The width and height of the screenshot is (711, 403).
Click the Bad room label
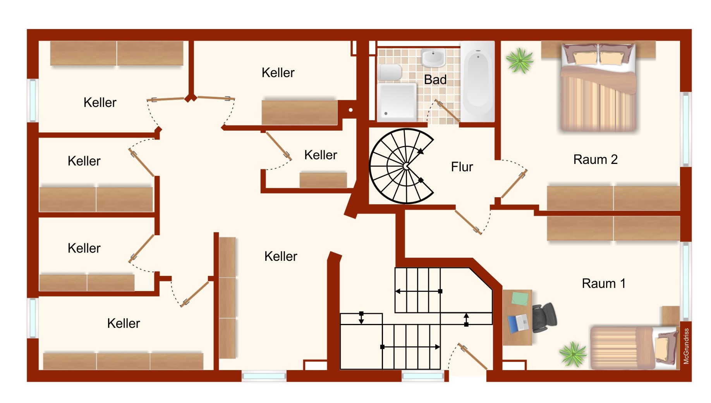pos(435,80)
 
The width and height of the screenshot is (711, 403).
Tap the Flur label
pos(462,167)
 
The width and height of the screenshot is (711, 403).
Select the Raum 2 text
pos(596,159)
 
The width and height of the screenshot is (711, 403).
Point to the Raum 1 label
pos(604,283)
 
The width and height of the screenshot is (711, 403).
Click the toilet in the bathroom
pos(390,72)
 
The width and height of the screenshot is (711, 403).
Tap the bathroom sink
pos(433,58)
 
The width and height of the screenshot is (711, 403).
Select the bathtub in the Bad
pos(478,81)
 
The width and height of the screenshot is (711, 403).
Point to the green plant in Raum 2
pos(520,60)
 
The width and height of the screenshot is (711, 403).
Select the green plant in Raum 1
pos(573,354)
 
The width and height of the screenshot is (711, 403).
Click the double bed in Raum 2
pos(598,87)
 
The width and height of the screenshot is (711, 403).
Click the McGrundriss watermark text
pos(686,346)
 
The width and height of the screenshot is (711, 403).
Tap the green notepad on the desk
pos(520,298)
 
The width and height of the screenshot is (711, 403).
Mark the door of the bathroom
pos(447,111)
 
